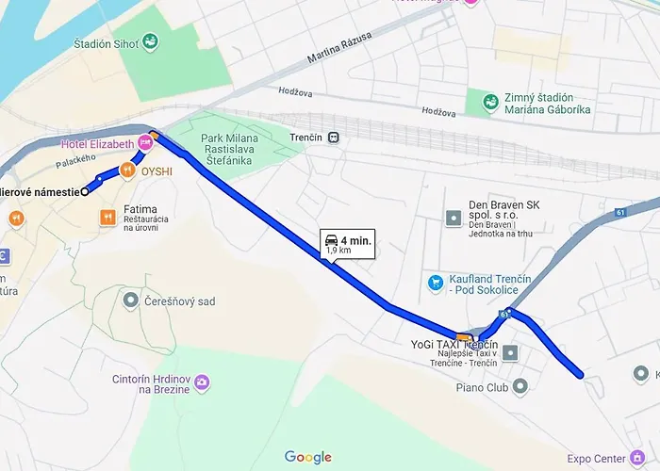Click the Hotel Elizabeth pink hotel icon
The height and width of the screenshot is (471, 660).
(x=144, y=143)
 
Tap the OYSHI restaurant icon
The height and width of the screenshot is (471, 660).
(x=126, y=171)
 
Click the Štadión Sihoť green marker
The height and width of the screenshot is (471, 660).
(x=152, y=43)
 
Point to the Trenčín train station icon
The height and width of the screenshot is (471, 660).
(x=333, y=137)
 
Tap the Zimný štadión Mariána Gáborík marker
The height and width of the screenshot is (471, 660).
(x=489, y=103)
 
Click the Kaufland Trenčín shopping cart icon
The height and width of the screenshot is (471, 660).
(x=435, y=282)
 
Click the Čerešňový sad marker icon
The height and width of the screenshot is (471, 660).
(x=130, y=300)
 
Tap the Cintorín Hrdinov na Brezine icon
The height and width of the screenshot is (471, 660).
(x=203, y=382)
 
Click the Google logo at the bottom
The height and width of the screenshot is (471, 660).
(x=308, y=458)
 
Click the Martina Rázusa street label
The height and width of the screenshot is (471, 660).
(x=339, y=48)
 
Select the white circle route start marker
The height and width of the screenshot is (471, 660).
(x=85, y=191)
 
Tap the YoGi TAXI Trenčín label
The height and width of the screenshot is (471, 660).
(x=454, y=346)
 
